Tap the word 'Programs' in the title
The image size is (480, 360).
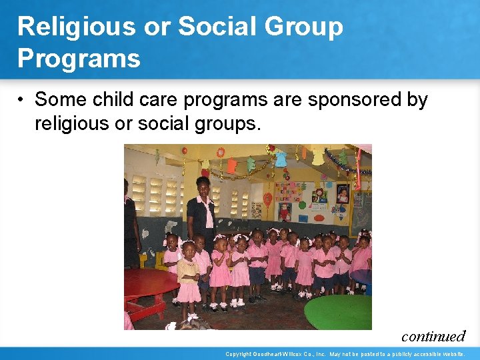(x=79, y=58)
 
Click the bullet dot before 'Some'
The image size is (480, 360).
(x=22, y=100)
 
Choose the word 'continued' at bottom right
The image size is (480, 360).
(x=433, y=336)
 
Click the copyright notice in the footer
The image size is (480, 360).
(x=345, y=354)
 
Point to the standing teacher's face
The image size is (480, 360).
(x=203, y=185)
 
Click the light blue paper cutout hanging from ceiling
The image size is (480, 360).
(x=281, y=158)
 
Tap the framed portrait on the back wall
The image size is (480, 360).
(x=343, y=193)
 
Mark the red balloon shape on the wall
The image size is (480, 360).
(x=267, y=199)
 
